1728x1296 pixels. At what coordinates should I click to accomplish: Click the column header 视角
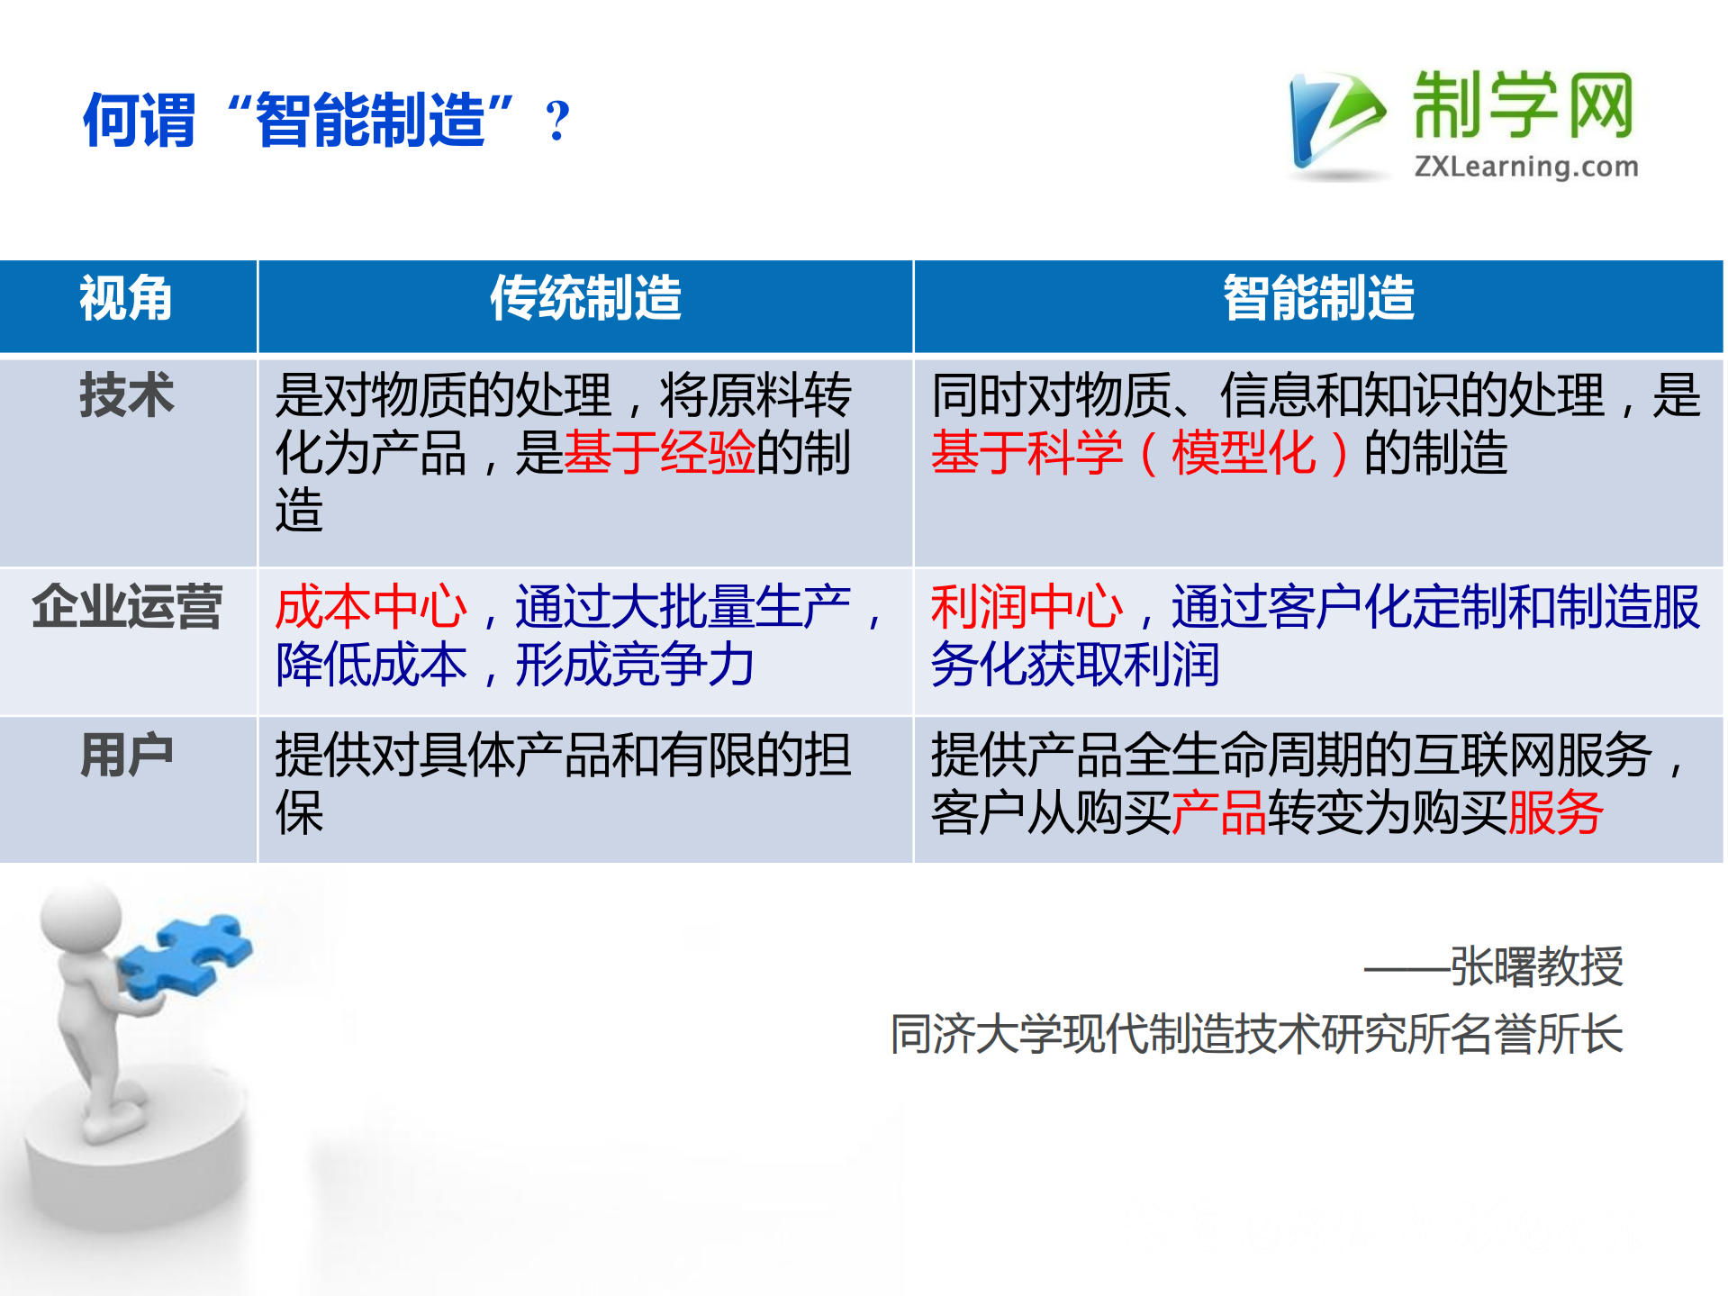126,299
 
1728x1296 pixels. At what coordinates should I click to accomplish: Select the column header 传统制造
585,299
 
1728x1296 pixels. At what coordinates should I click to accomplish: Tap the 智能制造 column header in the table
1318,299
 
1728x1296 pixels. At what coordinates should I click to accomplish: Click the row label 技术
126,395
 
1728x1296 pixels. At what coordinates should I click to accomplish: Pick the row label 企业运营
126,606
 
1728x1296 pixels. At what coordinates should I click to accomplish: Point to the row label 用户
126,755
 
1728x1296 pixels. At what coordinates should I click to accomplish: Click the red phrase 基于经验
659,452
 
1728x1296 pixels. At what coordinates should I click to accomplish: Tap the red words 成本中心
371,606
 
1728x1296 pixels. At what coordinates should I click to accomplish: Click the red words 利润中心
1027,606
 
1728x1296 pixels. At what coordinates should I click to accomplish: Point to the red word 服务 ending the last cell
1556,812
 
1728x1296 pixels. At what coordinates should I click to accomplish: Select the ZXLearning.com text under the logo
1526,167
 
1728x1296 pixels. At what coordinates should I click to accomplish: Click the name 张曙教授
1536,966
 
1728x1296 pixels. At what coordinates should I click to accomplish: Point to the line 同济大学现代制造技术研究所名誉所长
1256,1033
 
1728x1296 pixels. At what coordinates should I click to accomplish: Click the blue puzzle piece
185,955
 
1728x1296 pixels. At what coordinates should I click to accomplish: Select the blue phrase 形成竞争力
635,665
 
